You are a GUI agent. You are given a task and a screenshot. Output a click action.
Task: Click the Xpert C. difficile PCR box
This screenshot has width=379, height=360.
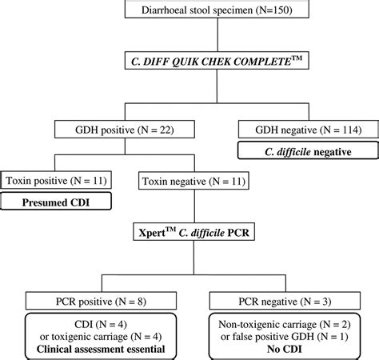[x=189, y=234]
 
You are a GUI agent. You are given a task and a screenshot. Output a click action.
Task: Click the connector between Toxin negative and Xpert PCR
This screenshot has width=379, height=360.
[x=189, y=206]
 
